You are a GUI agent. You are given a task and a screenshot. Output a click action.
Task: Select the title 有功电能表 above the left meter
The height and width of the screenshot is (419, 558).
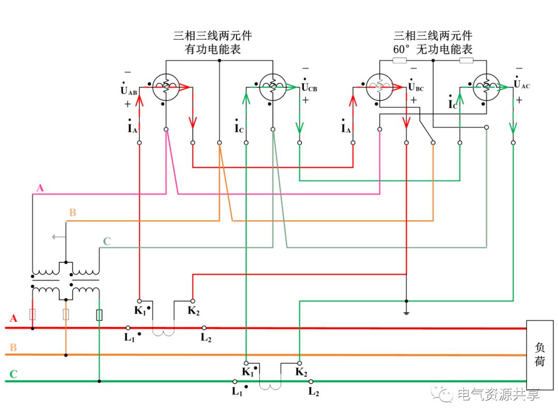(213, 50)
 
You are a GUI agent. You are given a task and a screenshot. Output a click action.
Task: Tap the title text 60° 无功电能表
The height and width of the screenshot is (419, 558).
(433, 50)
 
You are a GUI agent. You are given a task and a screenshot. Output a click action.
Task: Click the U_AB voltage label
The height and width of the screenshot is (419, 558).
(129, 91)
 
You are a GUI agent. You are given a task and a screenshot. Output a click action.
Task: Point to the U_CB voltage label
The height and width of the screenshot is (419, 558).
(309, 87)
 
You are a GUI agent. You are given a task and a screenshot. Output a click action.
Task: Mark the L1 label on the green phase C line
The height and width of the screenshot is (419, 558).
(237, 392)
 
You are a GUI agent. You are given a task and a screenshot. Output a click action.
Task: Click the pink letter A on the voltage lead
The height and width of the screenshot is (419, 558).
(40, 188)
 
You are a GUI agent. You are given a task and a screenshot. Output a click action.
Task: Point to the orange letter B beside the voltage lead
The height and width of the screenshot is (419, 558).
(73, 213)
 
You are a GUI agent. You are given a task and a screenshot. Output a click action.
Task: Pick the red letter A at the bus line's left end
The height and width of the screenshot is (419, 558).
(13, 318)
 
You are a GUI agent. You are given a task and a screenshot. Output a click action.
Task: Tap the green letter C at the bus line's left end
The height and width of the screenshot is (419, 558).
(13, 374)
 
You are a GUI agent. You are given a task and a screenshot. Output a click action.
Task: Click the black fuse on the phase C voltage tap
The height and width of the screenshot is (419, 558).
(99, 315)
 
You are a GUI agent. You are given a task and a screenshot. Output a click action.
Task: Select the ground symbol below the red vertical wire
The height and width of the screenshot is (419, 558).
(406, 312)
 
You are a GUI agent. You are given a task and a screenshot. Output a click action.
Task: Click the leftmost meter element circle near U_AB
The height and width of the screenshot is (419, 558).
(166, 87)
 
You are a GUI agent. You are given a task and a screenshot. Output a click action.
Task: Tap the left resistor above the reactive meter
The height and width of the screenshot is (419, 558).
(400, 61)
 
